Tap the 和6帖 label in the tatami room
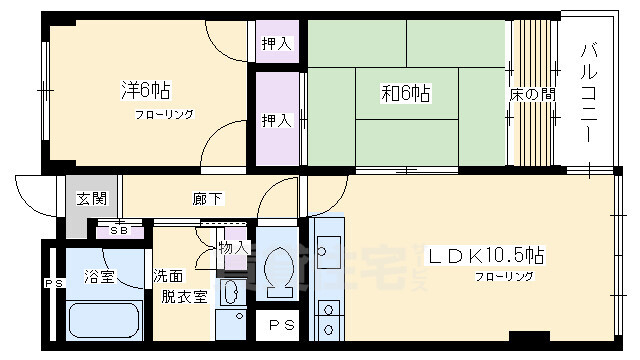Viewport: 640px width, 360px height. pos(405,94)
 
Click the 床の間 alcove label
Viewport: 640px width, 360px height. pos(532,95)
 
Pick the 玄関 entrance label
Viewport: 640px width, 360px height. pos(90,198)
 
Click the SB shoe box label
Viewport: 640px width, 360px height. pos(118,230)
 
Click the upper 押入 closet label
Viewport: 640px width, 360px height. pos(275,44)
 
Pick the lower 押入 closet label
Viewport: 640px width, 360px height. pos(275,121)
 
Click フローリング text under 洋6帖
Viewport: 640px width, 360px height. pos(165,114)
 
